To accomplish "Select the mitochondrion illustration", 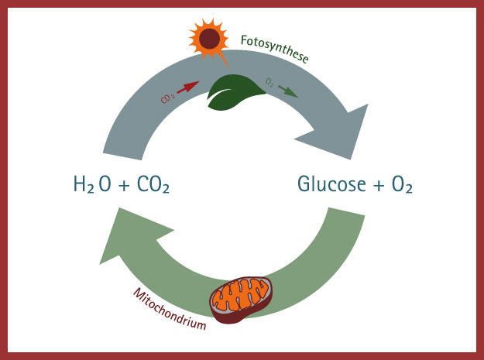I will click(x=242, y=297).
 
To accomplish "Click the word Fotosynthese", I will click(x=275, y=47).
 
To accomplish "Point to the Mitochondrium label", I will click(x=169, y=309).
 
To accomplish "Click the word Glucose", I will click(x=334, y=185).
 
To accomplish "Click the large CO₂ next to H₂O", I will click(x=152, y=185).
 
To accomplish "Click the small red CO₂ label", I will click(x=167, y=98).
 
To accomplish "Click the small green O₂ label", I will click(x=269, y=81).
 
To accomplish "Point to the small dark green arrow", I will click(x=287, y=91).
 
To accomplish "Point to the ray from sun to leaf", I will click(x=222, y=60).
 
